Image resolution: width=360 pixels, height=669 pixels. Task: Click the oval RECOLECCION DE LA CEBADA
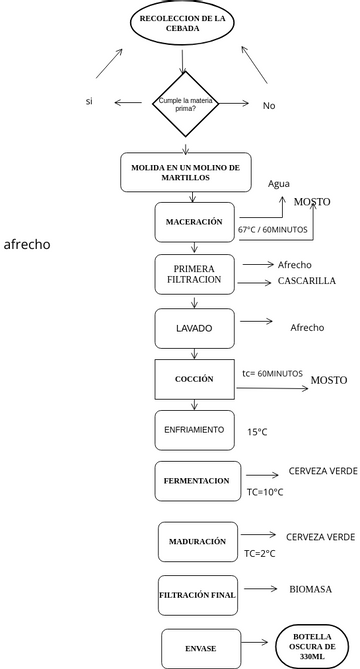pyautogui.click(x=183, y=24)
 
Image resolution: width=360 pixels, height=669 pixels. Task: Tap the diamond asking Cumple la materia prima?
pyautogui.click(x=184, y=104)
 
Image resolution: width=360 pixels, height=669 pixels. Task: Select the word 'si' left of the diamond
pyautogui.click(x=89, y=102)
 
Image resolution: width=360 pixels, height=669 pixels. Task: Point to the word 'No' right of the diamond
pyautogui.click(x=269, y=105)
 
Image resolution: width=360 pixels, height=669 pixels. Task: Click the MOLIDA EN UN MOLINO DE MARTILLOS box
pyautogui.click(x=186, y=172)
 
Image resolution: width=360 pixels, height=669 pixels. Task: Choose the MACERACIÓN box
pyautogui.click(x=194, y=221)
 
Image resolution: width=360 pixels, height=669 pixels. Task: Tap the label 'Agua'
pyautogui.click(x=279, y=184)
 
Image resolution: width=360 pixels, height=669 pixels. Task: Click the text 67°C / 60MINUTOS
pyautogui.click(x=272, y=230)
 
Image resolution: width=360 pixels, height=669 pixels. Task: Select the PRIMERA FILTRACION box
pyautogui.click(x=195, y=274)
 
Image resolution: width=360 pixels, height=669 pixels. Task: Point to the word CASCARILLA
pyautogui.click(x=306, y=282)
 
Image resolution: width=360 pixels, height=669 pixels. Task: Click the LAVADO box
pyautogui.click(x=194, y=328)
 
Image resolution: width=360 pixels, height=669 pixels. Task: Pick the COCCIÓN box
pyautogui.click(x=194, y=379)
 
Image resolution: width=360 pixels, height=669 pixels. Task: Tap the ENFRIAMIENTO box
pyautogui.click(x=194, y=430)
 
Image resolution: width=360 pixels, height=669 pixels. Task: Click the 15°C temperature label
pyautogui.click(x=258, y=432)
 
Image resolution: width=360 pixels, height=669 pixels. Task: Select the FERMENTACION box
pyautogui.click(x=197, y=481)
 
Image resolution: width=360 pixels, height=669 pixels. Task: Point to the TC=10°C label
pyautogui.click(x=265, y=492)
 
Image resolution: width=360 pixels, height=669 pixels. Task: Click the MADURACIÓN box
pyautogui.click(x=197, y=541)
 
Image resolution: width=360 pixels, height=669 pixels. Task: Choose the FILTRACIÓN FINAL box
pyautogui.click(x=197, y=595)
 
